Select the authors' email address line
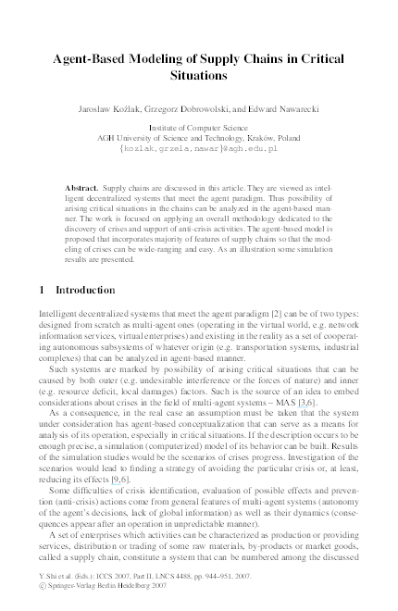coord(199,147)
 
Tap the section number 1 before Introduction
coord(42,290)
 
